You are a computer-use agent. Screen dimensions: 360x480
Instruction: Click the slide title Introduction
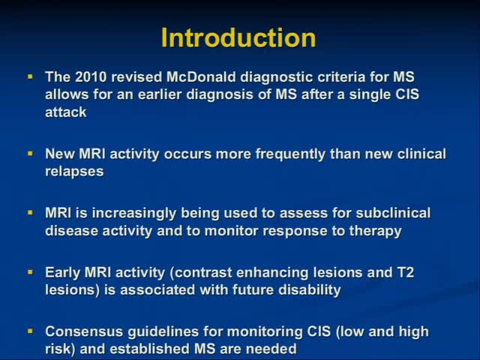(239, 37)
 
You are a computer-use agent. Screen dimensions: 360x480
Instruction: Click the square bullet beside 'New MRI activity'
(30, 154)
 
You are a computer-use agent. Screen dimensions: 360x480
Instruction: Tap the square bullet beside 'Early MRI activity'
(30, 272)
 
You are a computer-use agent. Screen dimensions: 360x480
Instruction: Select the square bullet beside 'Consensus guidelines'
(30, 331)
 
